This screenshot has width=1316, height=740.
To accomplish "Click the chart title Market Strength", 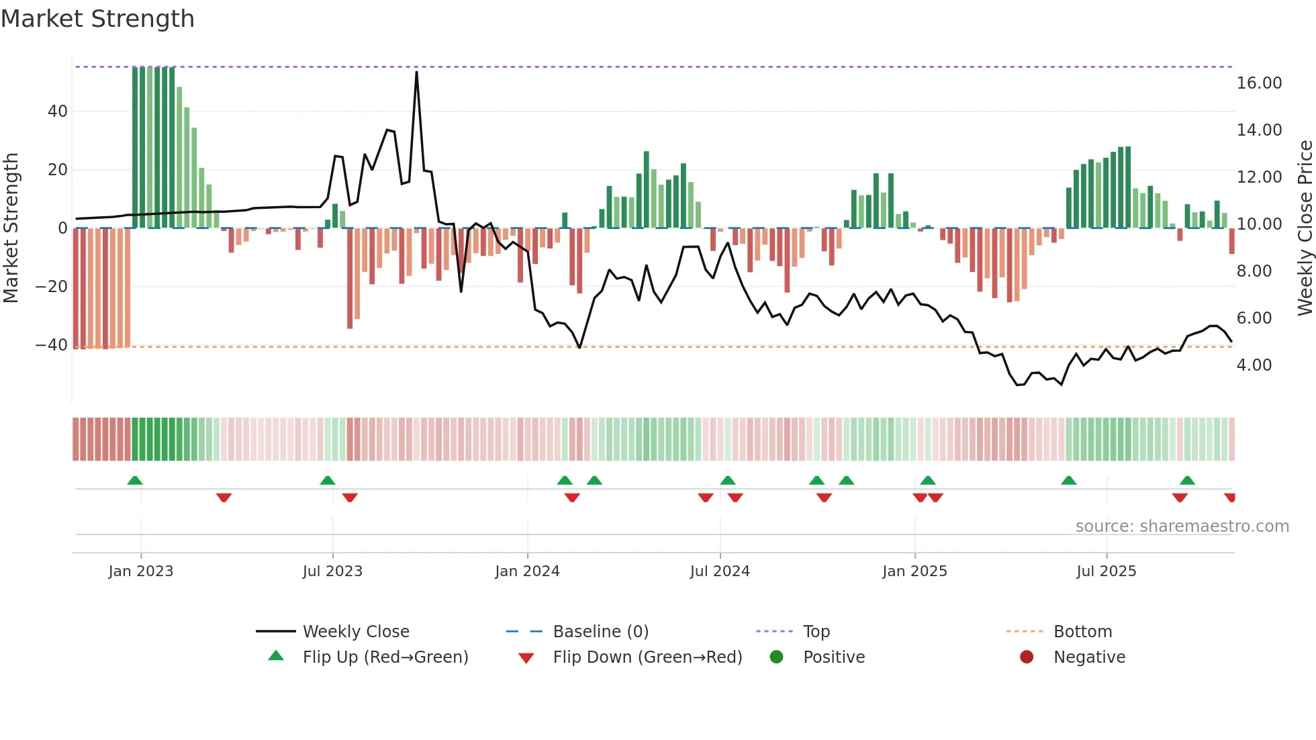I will pos(97,19).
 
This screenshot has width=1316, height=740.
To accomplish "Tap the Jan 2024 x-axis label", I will pos(527,571).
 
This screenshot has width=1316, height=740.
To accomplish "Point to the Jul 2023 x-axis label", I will pos(332,571).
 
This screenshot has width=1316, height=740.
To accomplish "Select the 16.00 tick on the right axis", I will pos(1259,83).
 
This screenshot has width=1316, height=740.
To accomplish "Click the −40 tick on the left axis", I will pos(52,345).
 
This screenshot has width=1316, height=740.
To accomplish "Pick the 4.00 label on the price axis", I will pos(1254,365).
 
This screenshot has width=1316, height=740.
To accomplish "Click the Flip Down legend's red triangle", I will pos(526,658).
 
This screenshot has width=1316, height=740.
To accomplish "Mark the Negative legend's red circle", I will pos(1027,657).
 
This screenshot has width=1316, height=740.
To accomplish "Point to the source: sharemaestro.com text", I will pos(1182,526).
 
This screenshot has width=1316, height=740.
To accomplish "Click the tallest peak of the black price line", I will pos(416,73).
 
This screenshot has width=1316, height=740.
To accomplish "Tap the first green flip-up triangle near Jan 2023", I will pos(135,481).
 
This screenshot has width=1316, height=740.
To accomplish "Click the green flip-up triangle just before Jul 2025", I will pos(1068,481).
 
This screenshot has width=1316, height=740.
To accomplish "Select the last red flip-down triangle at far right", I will pos(1230,498).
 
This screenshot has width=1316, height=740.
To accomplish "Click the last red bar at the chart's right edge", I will pos(1231,241).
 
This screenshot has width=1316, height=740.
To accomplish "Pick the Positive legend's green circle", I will pos(777,657).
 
